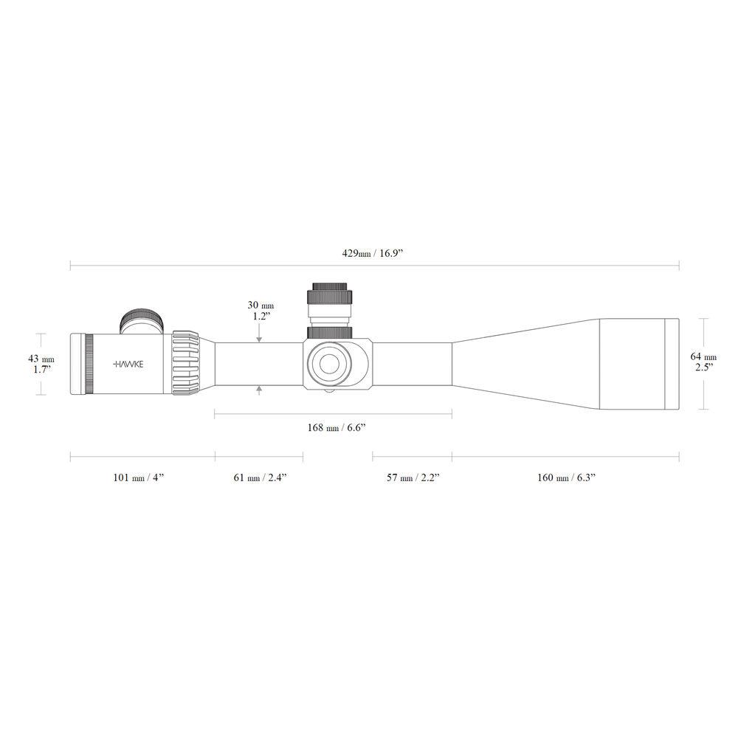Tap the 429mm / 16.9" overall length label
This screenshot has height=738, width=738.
[373, 253]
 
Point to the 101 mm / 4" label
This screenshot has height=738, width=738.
[138, 477]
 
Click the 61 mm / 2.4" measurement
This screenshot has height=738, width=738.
[259, 477]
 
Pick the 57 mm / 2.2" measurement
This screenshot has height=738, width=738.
[413, 477]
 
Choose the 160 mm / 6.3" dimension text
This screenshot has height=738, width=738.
[566, 477]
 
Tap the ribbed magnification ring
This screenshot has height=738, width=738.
[187, 363]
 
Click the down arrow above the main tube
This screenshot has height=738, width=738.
[259, 338]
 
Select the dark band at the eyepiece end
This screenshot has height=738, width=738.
[89, 364]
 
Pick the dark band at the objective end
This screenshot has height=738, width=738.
[672, 363]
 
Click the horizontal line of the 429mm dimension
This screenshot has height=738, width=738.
[221, 263]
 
